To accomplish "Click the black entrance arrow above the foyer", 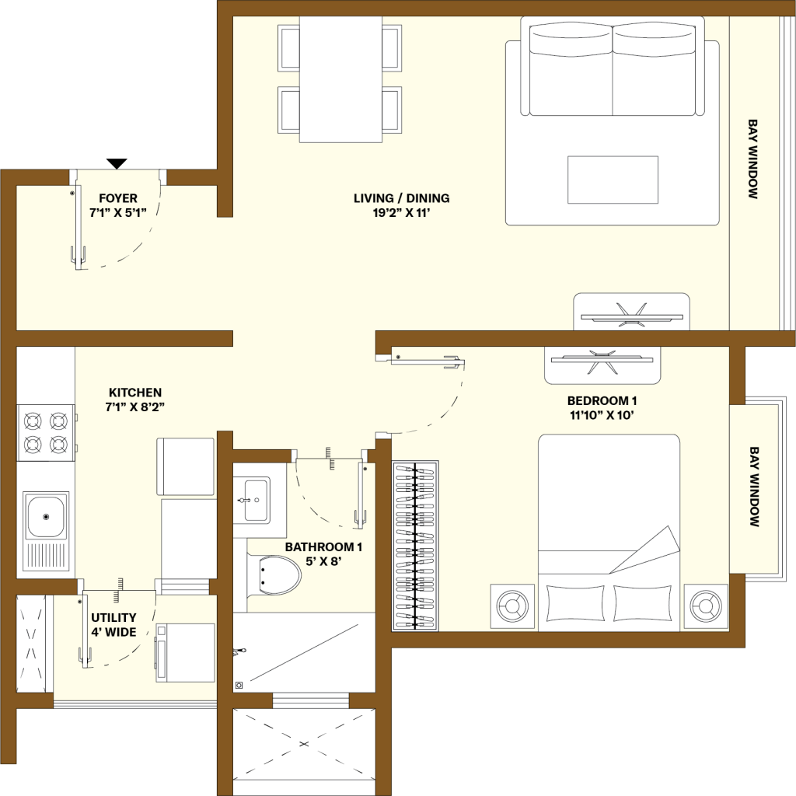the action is pos(117,163).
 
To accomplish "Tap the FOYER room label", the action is pos(118,198).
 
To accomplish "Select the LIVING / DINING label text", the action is pos(402,198).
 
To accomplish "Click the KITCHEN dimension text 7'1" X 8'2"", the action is pos(135,407).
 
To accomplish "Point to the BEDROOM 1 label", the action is pos(602,400).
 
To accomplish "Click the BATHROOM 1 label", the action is pos(323,547).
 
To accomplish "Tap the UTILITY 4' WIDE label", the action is pos(113,625).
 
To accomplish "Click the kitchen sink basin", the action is pos(46,517).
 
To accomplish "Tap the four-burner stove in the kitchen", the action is pos(46,433).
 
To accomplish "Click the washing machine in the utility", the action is pos(185,653).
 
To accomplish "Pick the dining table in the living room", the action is pos(340,80).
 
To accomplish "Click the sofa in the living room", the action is pos(613,67).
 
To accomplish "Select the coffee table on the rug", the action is pos(613,180).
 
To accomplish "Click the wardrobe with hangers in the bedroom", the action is pos(415,546).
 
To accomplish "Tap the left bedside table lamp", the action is pos(512,606).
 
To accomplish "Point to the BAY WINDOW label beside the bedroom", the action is pos(754,487).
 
